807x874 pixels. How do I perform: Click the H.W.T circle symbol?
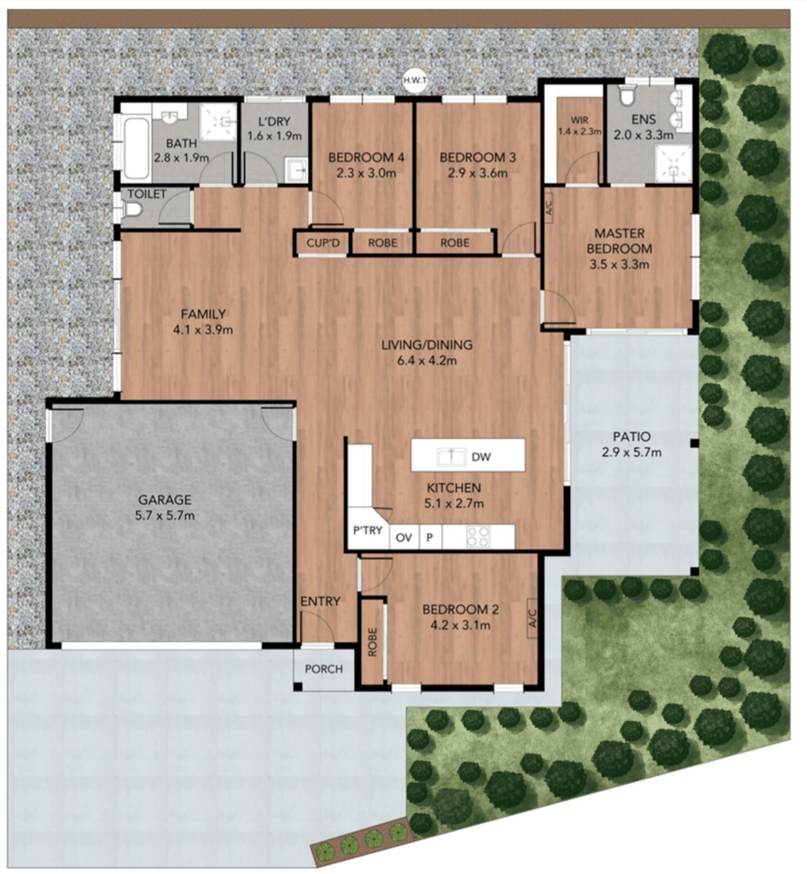tap(415, 81)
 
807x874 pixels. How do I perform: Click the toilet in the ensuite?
tap(625, 96)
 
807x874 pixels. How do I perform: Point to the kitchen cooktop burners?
tap(478, 537)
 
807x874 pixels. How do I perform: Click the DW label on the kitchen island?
tap(481, 457)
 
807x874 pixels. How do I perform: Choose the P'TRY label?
tap(368, 531)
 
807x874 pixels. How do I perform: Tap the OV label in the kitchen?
tap(404, 537)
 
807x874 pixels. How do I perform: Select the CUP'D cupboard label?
tap(323, 243)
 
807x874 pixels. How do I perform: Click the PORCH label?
tap(324, 669)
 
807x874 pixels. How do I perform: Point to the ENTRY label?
tap(320, 601)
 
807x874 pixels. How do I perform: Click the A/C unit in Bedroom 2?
tap(532, 618)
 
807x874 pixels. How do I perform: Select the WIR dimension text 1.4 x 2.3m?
tap(579, 131)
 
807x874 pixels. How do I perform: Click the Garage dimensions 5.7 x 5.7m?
tap(165, 515)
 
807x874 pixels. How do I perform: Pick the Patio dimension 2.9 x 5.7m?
tap(632, 452)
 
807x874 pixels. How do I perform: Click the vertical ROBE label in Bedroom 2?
tap(373, 642)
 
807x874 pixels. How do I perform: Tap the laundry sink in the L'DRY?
tap(296, 170)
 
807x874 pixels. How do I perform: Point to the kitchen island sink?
tap(451, 457)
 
